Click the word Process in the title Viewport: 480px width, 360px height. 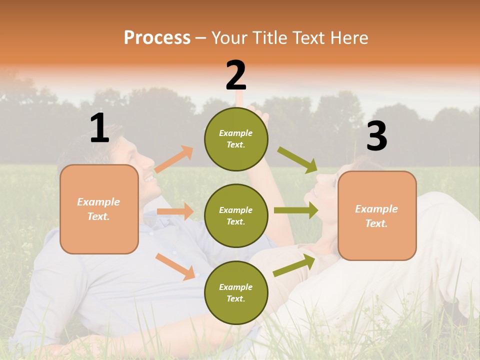click(x=157, y=37)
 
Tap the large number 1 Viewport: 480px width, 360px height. click(x=99, y=128)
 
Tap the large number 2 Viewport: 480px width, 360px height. click(x=236, y=75)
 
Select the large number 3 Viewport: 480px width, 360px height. click(x=376, y=136)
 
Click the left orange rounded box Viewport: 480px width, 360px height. click(x=99, y=209)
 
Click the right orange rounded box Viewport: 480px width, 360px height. click(x=377, y=215)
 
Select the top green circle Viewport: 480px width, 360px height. click(x=236, y=139)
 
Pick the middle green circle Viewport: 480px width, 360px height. click(x=236, y=215)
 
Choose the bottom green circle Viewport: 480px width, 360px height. click(x=236, y=292)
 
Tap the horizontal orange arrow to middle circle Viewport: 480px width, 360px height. click(x=175, y=211)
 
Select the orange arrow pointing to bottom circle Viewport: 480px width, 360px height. click(x=175, y=266)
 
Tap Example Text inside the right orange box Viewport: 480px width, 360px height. click(x=376, y=215)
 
